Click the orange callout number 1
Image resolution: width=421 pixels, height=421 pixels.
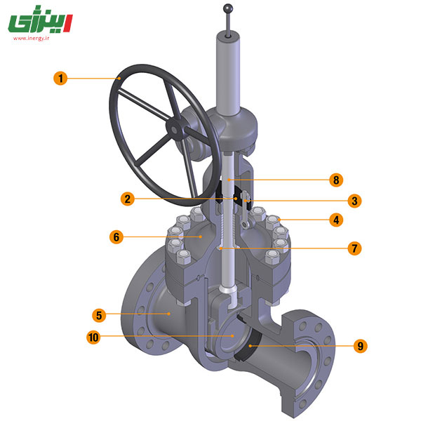pyautogui.click(x=60, y=78)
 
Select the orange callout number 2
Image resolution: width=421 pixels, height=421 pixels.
pyautogui.click(x=127, y=199)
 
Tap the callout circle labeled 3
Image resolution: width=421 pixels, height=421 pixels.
pyautogui.click(x=354, y=201)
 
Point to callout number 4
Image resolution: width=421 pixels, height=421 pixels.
pyautogui.click(x=336, y=220)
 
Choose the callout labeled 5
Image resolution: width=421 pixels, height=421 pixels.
pyautogui.click(x=99, y=315)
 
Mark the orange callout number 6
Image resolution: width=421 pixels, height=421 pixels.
pyautogui.click(x=116, y=237)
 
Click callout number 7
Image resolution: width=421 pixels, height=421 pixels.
pyautogui.click(x=354, y=248)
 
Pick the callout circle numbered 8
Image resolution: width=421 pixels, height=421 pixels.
pyautogui.click(x=336, y=180)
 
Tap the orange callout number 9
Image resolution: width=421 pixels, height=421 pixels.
pyautogui.click(x=361, y=346)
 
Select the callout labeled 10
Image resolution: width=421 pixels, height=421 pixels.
pyautogui.click(x=93, y=337)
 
